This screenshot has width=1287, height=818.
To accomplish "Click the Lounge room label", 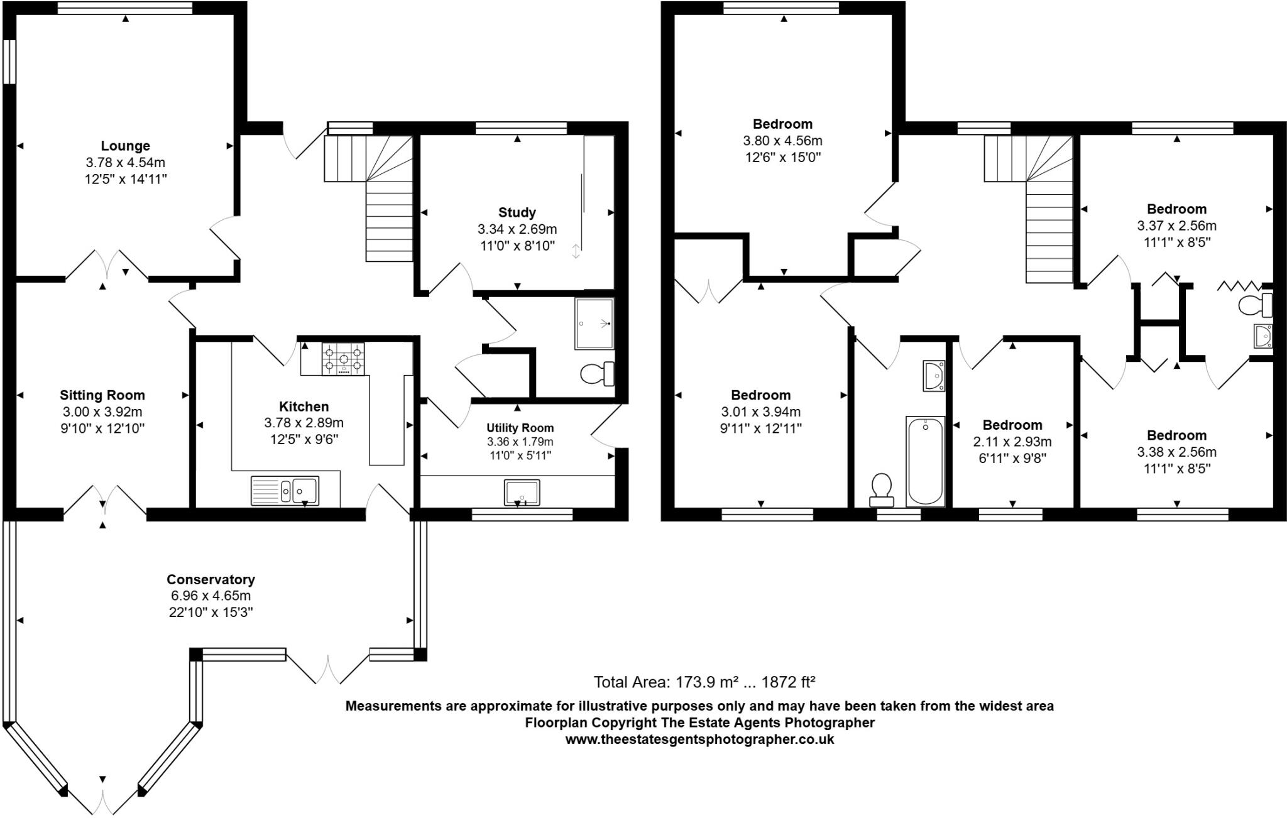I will (x=125, y=146).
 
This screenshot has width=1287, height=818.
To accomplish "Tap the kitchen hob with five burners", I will (x=343, y=359).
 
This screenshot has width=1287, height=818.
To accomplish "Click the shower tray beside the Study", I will (x=594, y=324).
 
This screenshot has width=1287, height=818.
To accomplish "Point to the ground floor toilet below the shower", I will (x=597, y=374).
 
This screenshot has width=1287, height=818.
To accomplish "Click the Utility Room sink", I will (x=522, y=493).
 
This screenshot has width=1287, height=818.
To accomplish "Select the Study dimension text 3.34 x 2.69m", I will (x=517, y=229).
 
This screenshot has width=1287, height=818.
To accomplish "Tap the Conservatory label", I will (x=211, y=579).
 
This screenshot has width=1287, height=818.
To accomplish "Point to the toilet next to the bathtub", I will (x=882, y=489).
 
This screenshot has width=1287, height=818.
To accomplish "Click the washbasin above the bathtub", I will (x=933, y=376).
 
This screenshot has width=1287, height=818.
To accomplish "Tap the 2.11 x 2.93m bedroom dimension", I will (x=1012, y=442).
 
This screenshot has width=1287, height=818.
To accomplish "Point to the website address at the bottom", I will (x=699, y=739).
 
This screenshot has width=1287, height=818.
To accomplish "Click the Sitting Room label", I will (x=102, y=395).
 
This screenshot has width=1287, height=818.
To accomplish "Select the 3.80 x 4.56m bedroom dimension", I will (x=782, y=141).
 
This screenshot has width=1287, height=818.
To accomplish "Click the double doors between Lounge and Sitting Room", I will (x=107, y=264).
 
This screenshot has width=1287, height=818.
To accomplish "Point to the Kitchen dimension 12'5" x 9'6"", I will (x=304, y=440).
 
